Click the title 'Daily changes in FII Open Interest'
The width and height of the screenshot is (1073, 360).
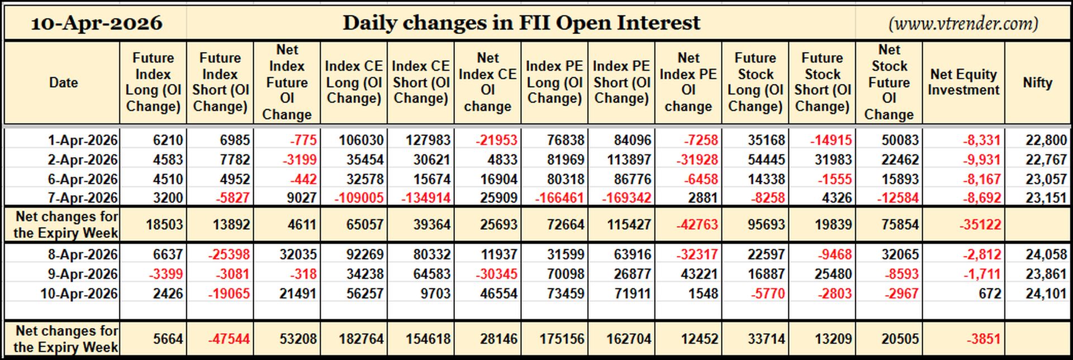coord(521,23)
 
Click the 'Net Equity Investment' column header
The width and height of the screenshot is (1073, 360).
coord(963,82)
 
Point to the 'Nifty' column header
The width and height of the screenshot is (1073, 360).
coord(1038,82)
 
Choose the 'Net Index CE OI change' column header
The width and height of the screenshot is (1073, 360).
coord(487,82)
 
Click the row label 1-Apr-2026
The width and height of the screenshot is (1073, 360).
coord(83,140)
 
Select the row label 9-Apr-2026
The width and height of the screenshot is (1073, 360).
coord(83,274)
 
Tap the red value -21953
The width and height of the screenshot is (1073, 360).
coord(496,140)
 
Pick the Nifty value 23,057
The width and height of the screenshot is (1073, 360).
coord(1046,179)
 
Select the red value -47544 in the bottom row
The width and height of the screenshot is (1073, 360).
coord(229,339)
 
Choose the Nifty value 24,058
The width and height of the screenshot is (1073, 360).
coord(1046,254)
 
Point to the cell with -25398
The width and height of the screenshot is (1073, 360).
coord(229,254)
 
